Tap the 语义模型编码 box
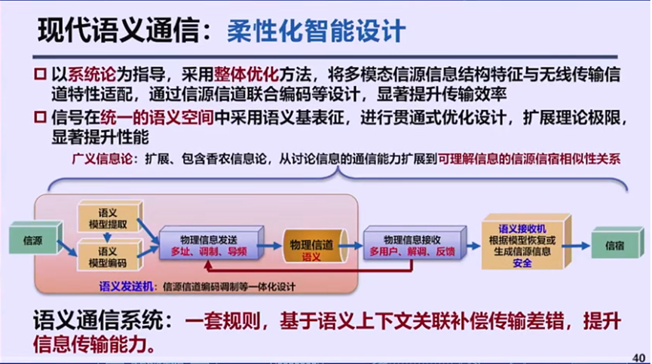[108, 256]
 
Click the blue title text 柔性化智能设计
[316, 31]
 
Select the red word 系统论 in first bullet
[92, 75]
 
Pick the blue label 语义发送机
[126, 286]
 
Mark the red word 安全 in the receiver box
[522, 263]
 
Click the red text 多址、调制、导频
[208, 252]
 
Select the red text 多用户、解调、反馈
[412, 252]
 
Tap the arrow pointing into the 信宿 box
[579, 243]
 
